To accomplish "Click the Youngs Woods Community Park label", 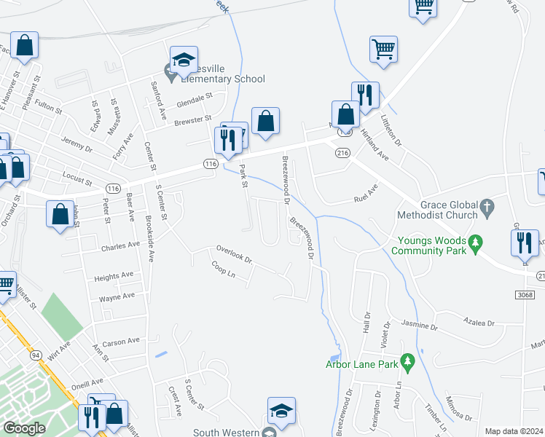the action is click(x=428, y=245).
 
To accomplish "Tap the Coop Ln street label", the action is click(x=223, y=269).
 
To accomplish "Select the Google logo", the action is click(x=24, y=428).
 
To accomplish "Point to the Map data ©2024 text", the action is click(x=514, y=431).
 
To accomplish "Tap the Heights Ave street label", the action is click(x=114, y=276).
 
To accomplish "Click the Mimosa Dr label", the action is click(x=460, y=413).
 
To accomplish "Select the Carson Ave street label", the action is click(x=121, y=341).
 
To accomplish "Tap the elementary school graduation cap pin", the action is click(x=184, y=60).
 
